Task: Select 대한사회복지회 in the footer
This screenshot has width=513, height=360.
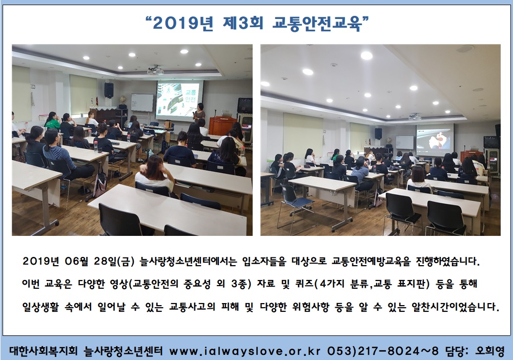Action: click(x=44, y=351)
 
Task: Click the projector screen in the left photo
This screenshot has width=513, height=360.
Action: click(x=179, y=100)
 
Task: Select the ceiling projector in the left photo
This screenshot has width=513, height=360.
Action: click(x=155, y=70)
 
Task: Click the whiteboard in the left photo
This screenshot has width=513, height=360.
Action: click(x=142, y=103)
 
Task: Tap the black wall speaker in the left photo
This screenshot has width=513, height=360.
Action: click(x=109, y=90)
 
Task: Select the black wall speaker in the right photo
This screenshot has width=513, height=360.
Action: click(x=378, y=133)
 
